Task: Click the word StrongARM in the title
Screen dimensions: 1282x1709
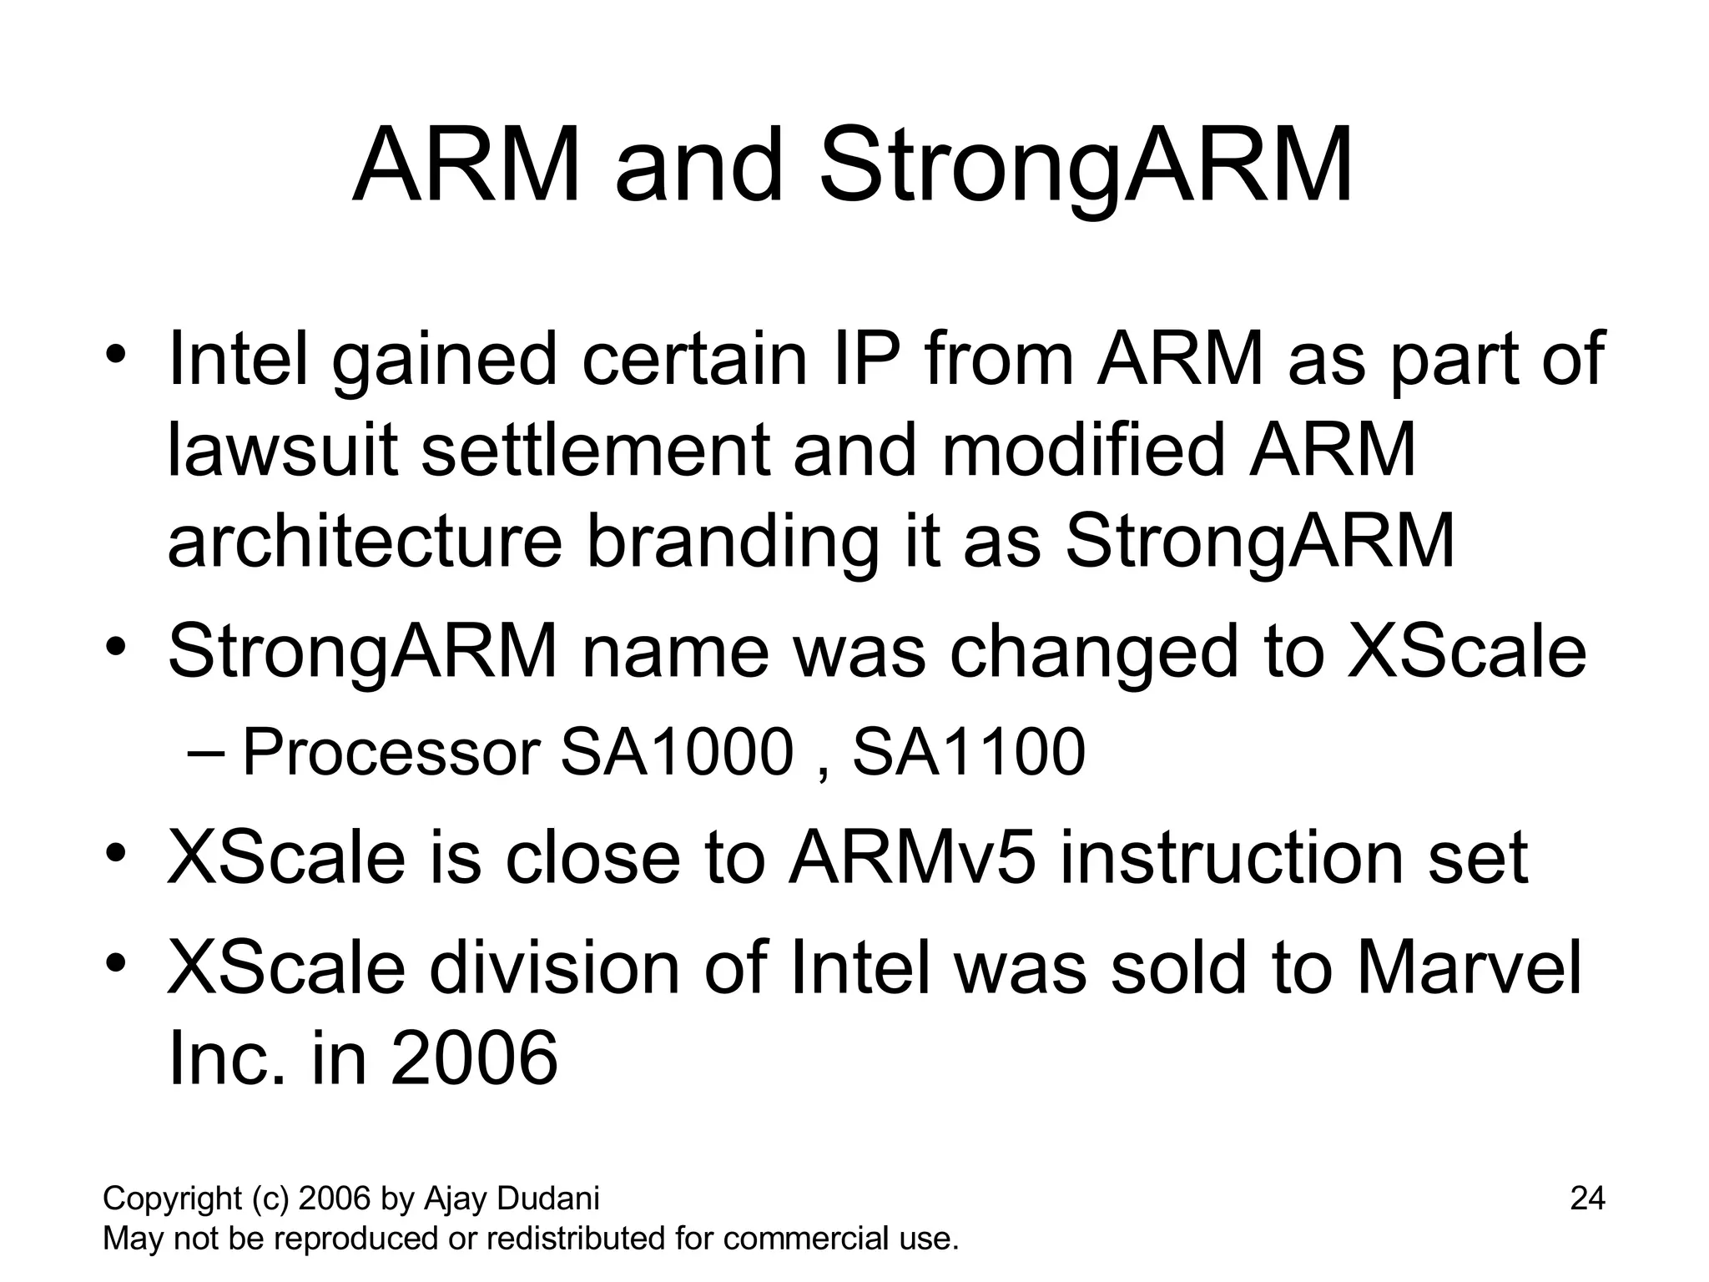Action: click(1086, 167)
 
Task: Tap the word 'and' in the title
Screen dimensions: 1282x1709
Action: click(699, 167)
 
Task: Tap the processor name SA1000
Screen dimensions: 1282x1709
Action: click(676, 752)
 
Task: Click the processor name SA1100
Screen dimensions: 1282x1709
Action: click(968, 752)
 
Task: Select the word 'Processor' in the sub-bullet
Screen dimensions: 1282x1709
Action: click(391, 752)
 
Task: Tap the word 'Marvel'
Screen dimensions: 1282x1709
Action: click(1469, 968)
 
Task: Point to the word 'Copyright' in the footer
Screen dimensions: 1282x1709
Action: click(172, 1199)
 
